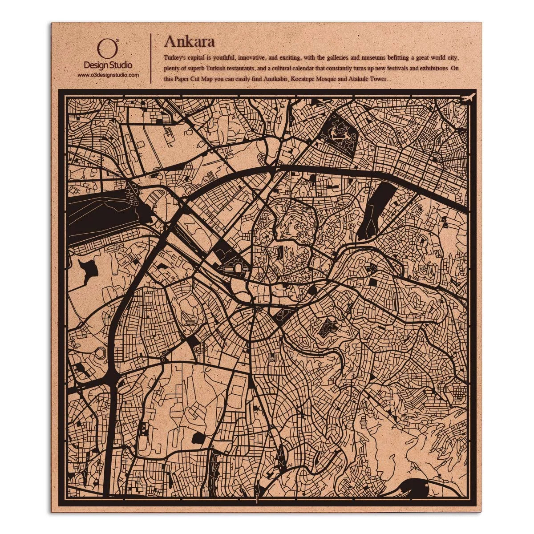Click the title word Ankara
[x=190, y=41]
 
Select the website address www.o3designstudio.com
[x=108, y=75]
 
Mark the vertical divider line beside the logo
[x=151, y=58]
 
